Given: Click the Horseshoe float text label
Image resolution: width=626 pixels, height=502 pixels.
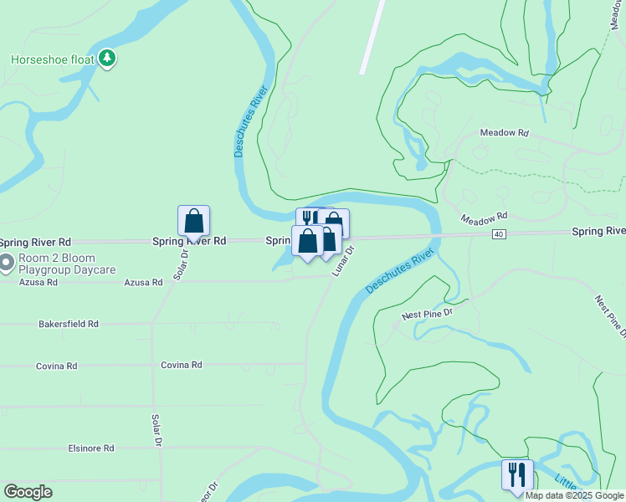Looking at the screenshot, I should click(52, 59).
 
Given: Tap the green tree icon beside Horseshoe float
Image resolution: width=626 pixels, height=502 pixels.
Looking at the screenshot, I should click(106, 58).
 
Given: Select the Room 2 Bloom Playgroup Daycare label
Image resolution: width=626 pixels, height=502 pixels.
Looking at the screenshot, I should click(58, 264).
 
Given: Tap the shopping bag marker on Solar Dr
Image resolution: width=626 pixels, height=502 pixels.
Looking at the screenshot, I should click(193, 222).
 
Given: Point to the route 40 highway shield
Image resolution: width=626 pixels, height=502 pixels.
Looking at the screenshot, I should click(499, 235).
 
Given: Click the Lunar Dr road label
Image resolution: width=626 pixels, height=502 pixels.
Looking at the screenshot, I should click(343, 261).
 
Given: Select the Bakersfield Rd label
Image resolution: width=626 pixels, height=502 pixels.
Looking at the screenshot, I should click(69, 324).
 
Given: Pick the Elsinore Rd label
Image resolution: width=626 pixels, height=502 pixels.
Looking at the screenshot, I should click(90, 448).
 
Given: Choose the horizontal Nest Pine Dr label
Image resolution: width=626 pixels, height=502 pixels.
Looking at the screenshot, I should click(427, 315).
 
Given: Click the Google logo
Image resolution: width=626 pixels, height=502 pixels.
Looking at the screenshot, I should click(27, 492).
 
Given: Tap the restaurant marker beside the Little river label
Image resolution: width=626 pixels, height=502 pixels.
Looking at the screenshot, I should click(517, 475).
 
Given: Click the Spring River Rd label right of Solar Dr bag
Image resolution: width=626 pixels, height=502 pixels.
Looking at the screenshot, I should click(189, 241).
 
